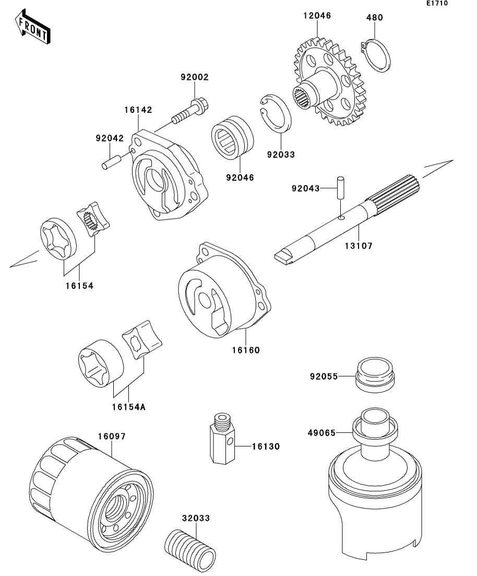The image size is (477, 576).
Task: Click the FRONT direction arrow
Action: (x=32, y=27)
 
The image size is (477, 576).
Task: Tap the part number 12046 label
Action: (x=317, y=16)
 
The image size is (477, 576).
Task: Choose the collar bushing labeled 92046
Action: (x=232, y=137)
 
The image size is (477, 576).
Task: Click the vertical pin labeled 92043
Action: (x=341, y=187)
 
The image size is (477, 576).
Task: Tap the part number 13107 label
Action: (x=359, y=246)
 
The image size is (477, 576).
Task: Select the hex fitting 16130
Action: (x=221, y=439)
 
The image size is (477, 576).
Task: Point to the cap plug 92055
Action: (x=375, y=375)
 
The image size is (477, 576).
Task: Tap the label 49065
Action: (x=321, y=433)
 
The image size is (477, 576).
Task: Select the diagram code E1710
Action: (x=437, y=3)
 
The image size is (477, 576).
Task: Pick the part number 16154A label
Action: (x=128, y=407)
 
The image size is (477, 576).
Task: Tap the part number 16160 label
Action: (x=246, y=350)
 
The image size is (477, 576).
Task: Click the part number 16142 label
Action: (x=138, y=110)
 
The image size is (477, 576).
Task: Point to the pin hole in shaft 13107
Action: (x=341, y=218)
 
